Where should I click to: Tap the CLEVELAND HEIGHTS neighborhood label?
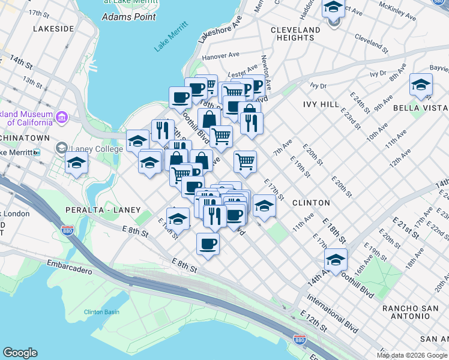(295, 34)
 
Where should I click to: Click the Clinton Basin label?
(103, 312)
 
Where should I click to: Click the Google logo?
(20, 352)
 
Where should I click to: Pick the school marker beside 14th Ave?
(336, 259)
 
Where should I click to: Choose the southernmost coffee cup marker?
(208, 244)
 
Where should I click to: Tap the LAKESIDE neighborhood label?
(54, 28)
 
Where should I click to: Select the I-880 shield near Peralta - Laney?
(67, 230)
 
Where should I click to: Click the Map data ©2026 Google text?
(412, 355)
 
